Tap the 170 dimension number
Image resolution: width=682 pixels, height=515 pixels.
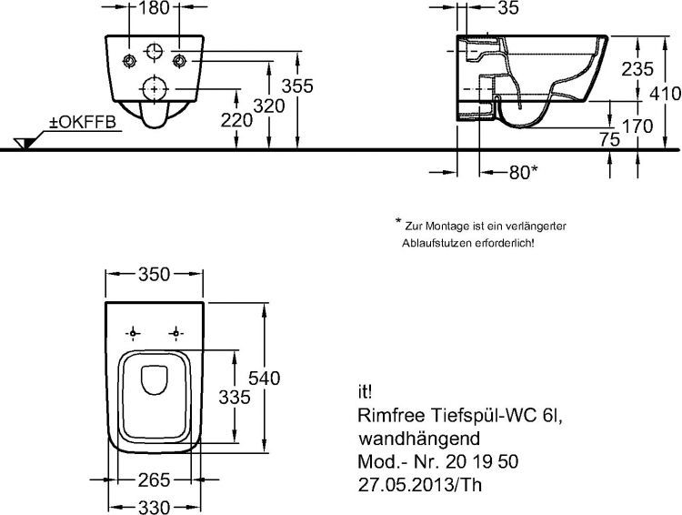coord(637,126)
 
